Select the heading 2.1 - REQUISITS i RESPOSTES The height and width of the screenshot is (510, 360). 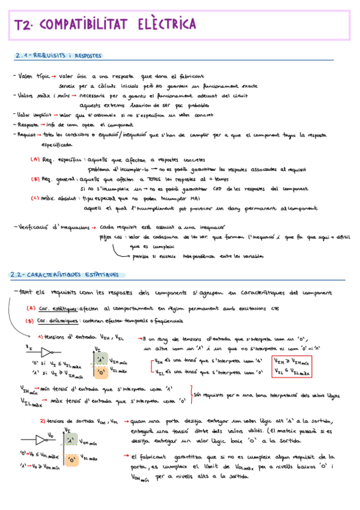coord(58,57)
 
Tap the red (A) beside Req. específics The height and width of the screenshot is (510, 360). coord(35,160)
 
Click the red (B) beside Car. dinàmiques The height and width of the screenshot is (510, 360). coord(29,321)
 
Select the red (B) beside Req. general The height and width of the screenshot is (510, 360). coord(35,179)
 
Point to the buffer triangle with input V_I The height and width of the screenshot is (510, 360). coord(50,351)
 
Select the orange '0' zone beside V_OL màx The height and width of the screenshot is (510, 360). coord(72,461)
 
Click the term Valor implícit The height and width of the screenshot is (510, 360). coord(34,114)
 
